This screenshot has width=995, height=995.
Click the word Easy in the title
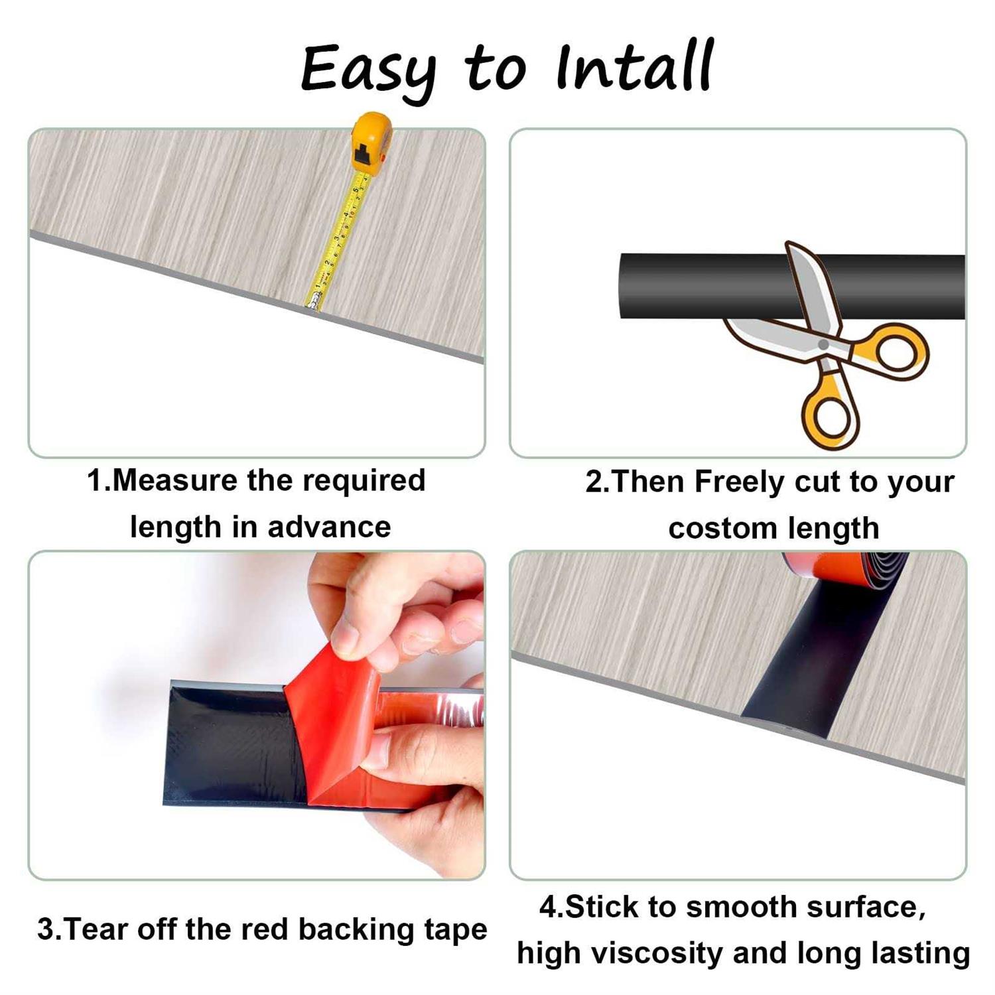(x=368, y=72)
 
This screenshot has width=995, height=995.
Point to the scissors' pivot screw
(x=823, y=344)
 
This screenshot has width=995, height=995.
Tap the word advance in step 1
(x=329, y=527)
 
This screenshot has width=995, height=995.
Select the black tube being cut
(x=792, y=286)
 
